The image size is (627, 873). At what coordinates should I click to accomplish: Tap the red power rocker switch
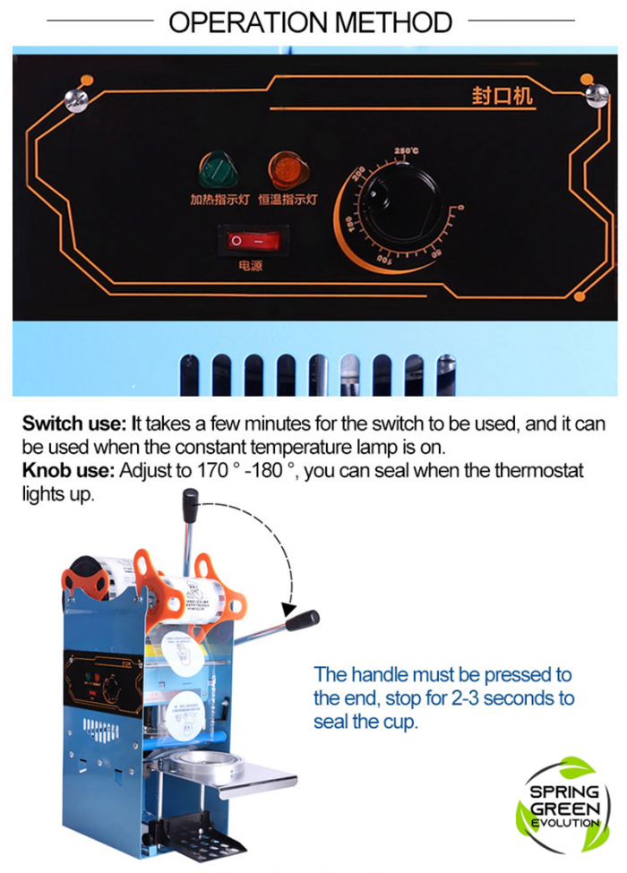tap(248, 241)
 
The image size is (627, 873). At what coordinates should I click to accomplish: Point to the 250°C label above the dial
tap(406, 151)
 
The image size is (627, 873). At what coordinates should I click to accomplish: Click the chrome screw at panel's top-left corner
tap(76, 99)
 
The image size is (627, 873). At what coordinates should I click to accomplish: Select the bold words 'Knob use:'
tap(67, 471)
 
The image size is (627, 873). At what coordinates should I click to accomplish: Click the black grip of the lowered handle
tap(303, 620)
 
